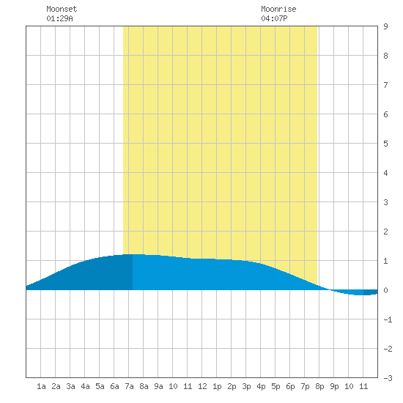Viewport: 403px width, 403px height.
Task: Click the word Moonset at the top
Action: tap(62, 9)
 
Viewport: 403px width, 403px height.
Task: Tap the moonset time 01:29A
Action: tap(59, 18)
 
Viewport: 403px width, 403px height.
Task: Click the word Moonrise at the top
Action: tap(278, 9)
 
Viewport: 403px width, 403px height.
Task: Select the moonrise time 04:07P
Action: tap(274, 18)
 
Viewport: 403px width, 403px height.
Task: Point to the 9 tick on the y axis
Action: tap(385, 26)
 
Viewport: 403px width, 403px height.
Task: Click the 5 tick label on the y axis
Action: tap(385, 144)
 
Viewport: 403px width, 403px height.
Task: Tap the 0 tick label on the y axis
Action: tap(385, 290)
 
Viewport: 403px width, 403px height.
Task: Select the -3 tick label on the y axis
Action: tap(388, 378)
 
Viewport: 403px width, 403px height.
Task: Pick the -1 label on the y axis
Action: tap(388, 319)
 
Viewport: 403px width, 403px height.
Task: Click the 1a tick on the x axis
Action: tap(41, 386)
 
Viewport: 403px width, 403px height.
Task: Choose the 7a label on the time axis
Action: tap(129, 386)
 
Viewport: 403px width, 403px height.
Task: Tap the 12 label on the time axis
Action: tap(202, 386)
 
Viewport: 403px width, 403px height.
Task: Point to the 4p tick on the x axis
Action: tap(261, 386)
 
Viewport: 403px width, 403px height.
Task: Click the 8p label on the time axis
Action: tap(319, 386)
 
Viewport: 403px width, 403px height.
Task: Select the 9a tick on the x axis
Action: tap(158, 386)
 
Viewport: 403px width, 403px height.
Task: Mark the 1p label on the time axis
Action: tap(217, 386)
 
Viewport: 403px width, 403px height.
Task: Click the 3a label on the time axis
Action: tap(70, 386)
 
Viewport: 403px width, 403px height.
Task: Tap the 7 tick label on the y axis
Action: tap(385, 85)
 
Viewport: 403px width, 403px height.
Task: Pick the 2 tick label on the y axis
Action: tap(385, 232)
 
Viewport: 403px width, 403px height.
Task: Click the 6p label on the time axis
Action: tap(290, 386)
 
